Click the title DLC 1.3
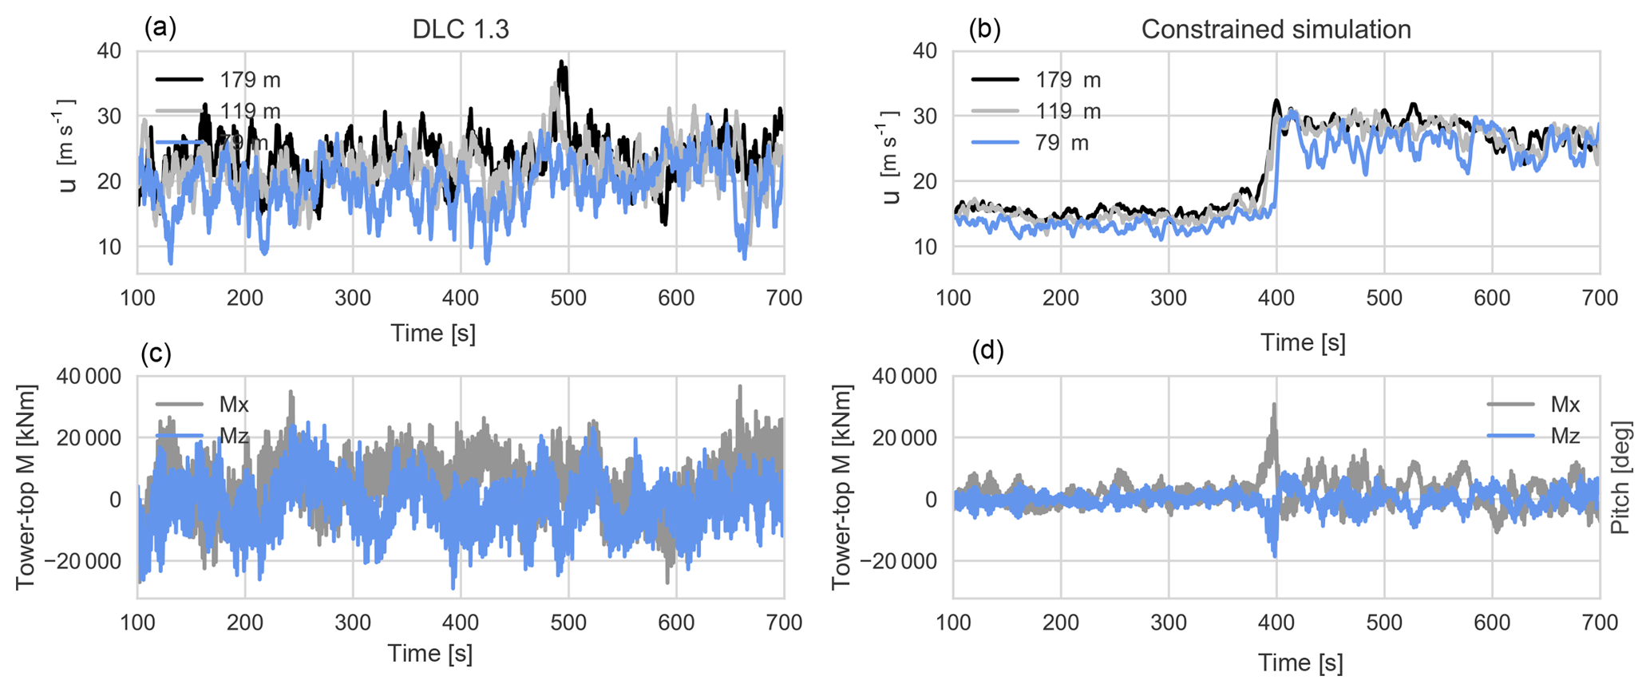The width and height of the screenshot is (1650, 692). coord(461,30)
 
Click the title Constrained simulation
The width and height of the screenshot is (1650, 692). coord(1276,30)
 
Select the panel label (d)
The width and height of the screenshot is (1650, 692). coord(987,350)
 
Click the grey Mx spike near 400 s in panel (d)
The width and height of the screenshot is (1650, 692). coord(1274,406)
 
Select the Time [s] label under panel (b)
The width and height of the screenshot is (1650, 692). coord(1303,342)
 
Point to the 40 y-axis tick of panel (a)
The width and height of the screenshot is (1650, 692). coord(109,51)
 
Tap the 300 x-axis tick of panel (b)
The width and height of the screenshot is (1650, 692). coord(1169,299)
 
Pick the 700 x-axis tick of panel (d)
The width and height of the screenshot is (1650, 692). coord(1599,623)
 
